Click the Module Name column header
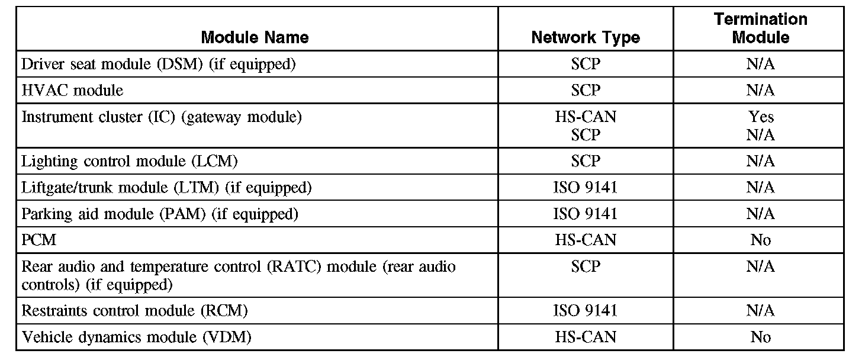(x=255, y=38)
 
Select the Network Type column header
(x=586, y=38)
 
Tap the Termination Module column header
(x=760, y=28)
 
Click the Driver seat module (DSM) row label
(x=158, y=64)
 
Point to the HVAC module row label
(x=72, y=91)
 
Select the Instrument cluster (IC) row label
(x=162, y=117)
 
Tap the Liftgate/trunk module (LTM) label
(x=166, y=188)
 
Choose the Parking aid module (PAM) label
(x=159, y=214)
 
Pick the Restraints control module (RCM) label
(x=134, y=310)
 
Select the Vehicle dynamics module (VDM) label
(x=136, y=337)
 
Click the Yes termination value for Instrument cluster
(x=761, y=117)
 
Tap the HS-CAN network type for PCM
(x=586, y=240)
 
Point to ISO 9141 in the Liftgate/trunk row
(x=586, y=188)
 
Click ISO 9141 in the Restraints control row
(x=586, y=310)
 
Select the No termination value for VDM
(x=761, y=337)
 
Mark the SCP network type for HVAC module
(x=586, y=91)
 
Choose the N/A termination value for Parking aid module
(x=761, y=214)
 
